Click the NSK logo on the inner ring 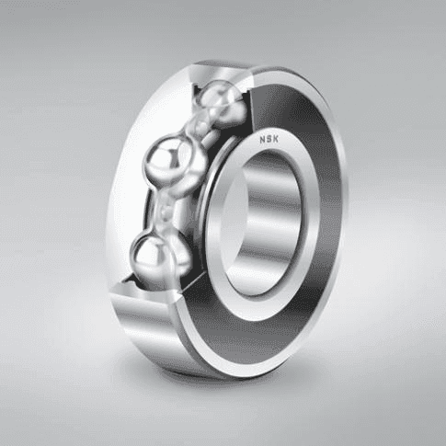(269, 140)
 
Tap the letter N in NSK (263, 140)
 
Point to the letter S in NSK (269, 140)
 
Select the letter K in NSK (276, 139)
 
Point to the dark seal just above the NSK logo (285, 110)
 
